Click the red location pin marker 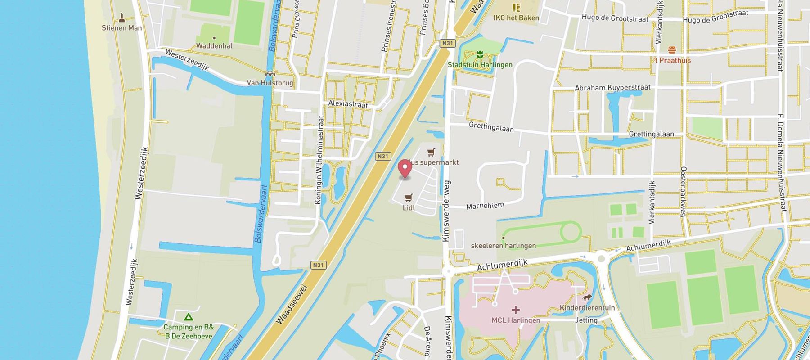tap(405, 168)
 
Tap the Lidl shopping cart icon tap(409, 198)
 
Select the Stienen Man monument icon tap(121, 18)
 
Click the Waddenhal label tap(214, 46)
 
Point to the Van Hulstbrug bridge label tap(270, 83)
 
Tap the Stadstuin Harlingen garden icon tap(480, 55)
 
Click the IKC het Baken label tap(516, 18)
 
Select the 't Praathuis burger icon tap(672, 50)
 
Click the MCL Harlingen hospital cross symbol tap(515, 310)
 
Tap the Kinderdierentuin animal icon tap(587, 297)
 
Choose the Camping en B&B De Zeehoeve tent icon tap(189, 317)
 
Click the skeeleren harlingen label tap(503, 246)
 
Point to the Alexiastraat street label tap(348, 104)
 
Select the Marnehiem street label tap(485, 206)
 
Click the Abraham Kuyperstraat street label tap(612, 88)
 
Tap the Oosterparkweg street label tap(683, 192)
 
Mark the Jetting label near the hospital tap(586, 320)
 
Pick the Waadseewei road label tap(292, 304)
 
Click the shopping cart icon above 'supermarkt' tap(432, 152)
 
